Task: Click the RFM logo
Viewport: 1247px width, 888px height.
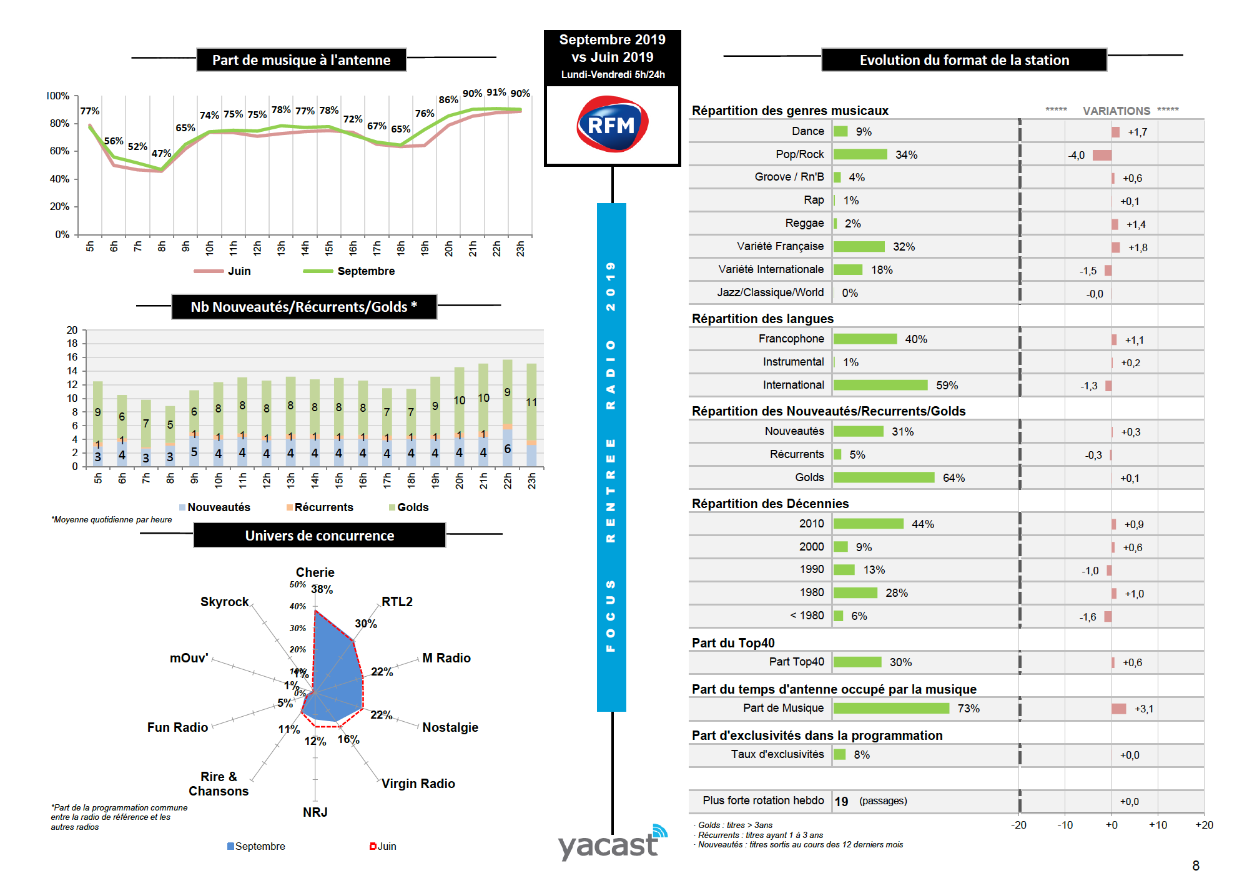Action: (612, 124)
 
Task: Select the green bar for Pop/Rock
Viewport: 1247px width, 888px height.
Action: (860, 154)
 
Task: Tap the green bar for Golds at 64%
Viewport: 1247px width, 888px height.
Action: (884, 477)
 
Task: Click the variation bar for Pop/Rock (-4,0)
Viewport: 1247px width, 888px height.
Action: (1102, 155)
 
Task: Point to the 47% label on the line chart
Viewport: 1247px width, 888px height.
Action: (161, 153)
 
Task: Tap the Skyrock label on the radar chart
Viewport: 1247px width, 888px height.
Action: (224, 602)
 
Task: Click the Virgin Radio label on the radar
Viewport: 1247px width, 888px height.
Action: (418, 784)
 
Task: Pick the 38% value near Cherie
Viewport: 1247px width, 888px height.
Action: (322, 589)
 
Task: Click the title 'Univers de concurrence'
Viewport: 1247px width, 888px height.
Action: (319, 536)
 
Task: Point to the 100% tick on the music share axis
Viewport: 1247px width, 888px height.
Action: (58, 96)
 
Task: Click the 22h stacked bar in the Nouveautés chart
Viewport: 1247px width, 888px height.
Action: (507, 412)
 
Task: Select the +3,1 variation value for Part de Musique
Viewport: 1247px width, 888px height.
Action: (1143, 709)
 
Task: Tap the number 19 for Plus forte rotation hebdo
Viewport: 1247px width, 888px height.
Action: (841, 801)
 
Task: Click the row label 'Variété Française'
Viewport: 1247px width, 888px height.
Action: (780, 246)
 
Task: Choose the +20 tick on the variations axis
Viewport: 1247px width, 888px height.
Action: (1203, 825)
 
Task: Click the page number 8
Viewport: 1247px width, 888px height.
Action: (1195, 866)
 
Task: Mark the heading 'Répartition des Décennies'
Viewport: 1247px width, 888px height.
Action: (770, 504)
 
